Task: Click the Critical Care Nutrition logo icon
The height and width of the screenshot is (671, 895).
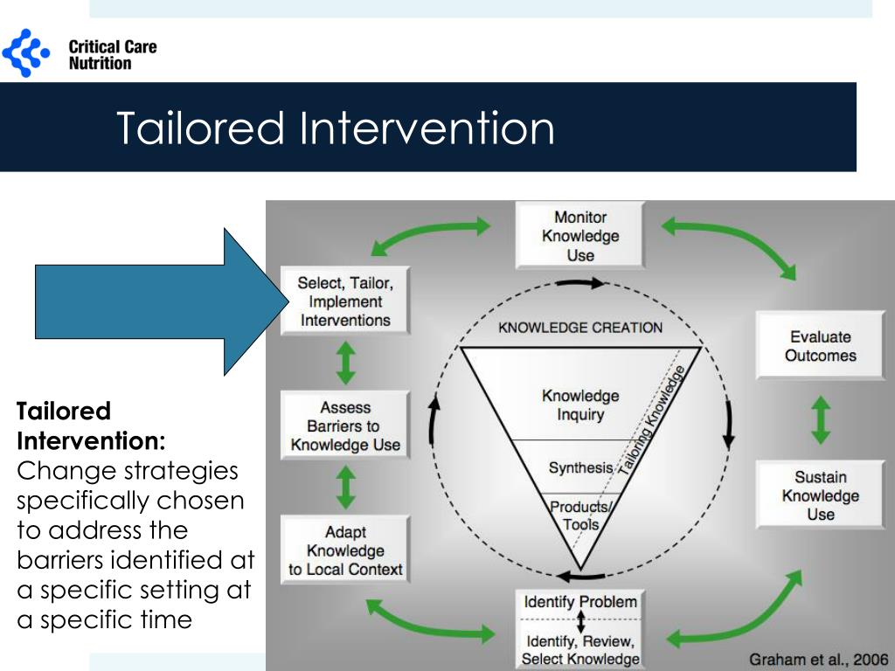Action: pyautogui.click(x=26, y=53)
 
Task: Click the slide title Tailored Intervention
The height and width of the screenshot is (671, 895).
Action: pyautogui.click(x=336, y=128)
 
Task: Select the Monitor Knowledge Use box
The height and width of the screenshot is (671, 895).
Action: pyautogui.click(x=580, y=236)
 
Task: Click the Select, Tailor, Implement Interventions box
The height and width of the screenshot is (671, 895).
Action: pyautogui.click(x=345, y=301)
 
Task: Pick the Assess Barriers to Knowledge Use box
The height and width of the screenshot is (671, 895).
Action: pyautogui.click(x=345, y=425)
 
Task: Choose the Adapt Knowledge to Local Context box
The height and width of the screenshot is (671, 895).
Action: pyautogui.click(x=345, y=550)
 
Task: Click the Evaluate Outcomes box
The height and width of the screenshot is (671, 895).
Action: pyautogui.click(x=820, y=346)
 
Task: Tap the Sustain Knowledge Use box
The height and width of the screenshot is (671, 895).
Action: pyautogui.click(x=820, y=495)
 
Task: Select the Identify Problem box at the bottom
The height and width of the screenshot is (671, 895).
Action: pyautogui.click(x=580, y=602)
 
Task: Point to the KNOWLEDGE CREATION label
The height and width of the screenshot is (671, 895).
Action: pyautogui.click(x=580, y=328)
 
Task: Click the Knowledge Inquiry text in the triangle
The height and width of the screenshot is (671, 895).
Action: pyautogui.click(x=580, y=405)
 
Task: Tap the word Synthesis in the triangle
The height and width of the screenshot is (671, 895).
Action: pyautogui.click(x=580, y=467)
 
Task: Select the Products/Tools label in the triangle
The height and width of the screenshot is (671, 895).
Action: pyautogui.click(x=580, y=515)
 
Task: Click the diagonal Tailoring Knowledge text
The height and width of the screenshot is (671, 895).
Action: pyautogui.click(x=652, y=419)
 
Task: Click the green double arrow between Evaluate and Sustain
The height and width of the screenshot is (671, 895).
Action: pyautogui.click(x=820, y=420)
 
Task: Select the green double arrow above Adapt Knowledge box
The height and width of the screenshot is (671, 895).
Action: pyautogui.click(x=346, y=488)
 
